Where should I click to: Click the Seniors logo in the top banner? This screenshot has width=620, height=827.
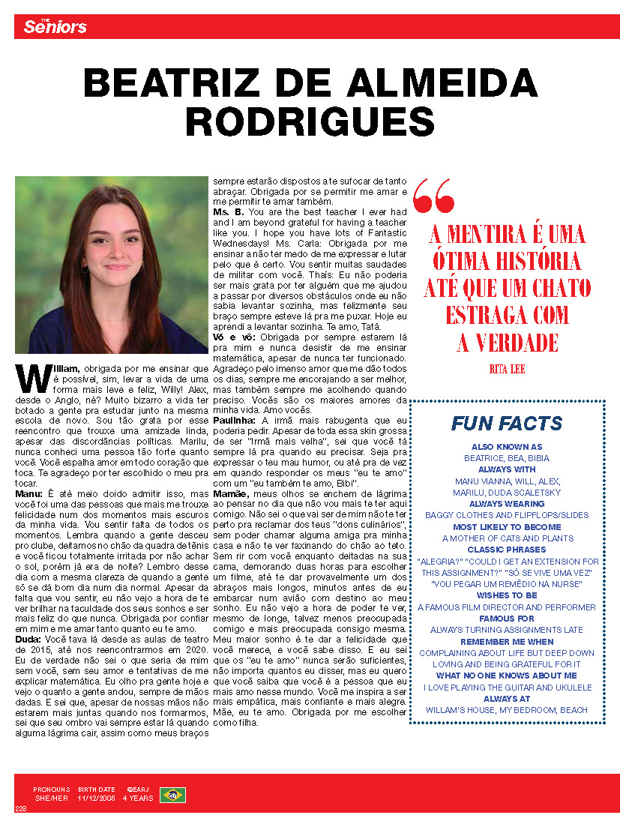pos(55,27)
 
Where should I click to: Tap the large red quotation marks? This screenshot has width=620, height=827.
pos(433,196)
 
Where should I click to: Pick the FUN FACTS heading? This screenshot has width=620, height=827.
pos(507,424)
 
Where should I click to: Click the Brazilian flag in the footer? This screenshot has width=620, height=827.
pos(172,795)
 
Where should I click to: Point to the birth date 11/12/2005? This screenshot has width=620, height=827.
pos(96,799)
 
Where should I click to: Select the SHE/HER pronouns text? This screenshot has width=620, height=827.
pos(51,799)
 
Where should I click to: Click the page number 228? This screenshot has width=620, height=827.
pos(20,808)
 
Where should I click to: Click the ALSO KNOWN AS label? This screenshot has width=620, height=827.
pos(508,447)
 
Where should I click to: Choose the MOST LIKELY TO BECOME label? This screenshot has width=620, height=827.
pos(508,527)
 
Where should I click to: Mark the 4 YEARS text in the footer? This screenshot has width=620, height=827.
pos(138,799)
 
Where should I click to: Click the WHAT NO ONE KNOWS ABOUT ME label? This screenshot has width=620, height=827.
pos(508,676)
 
